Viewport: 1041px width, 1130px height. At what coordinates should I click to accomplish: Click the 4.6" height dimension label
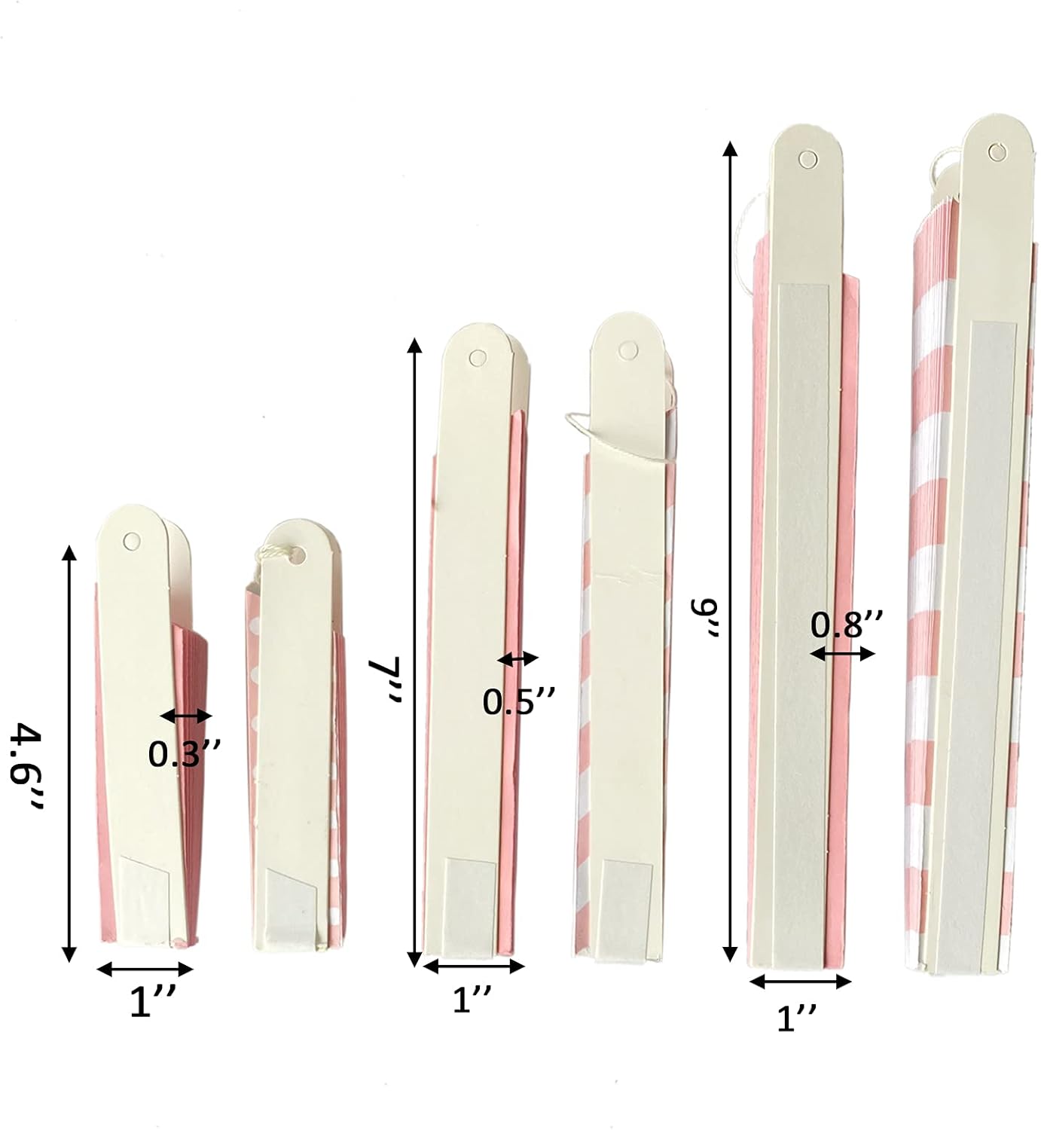[x=26, y=767]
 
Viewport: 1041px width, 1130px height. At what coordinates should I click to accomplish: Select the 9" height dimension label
[x=706, y=618]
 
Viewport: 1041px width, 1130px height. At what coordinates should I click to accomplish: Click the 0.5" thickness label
[x=519, y=701]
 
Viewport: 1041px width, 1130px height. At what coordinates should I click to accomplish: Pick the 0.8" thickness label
[x=847, y=625]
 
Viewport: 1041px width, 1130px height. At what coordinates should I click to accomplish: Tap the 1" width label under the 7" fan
[x=472, y=1000]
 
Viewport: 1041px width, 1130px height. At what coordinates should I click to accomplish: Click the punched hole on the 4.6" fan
[x=132, y=541]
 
